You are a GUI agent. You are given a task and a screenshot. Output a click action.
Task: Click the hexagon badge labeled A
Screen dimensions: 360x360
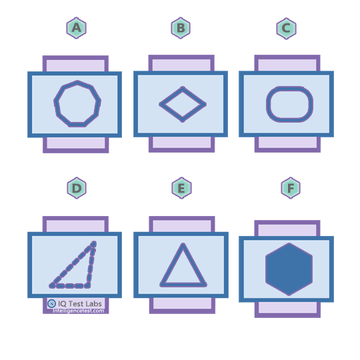pos(77,28)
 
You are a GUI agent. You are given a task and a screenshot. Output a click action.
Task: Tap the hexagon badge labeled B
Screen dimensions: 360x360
pos(181,28)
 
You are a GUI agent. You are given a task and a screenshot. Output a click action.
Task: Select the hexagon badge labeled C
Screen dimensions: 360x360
pos(286,29)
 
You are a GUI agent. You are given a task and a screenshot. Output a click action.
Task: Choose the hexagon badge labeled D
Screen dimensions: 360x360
pos(77,188)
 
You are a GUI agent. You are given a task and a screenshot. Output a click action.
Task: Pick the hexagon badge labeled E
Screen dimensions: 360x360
pos(181,188)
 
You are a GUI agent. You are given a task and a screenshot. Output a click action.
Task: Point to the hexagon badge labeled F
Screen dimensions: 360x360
pos(291,188)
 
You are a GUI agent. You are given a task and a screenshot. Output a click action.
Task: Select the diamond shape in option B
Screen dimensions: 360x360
pos(170,96)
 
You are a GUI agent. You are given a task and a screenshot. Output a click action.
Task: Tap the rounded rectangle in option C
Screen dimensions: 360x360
pos(269,104)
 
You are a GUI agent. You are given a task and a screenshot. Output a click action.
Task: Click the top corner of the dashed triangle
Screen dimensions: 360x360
pos(94,243)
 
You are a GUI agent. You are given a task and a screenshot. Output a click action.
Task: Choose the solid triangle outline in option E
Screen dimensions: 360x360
pos(172,264)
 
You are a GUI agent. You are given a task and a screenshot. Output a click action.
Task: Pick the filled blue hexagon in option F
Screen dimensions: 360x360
pos(289,269)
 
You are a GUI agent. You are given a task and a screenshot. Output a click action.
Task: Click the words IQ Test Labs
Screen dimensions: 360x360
pos(80,304)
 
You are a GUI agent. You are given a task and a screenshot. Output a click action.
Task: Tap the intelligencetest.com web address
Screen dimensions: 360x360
pos(78,311)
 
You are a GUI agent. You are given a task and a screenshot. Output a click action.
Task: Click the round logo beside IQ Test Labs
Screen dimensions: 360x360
pos(51,303)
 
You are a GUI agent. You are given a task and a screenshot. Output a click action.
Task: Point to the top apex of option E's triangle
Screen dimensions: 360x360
pos(183,244)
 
